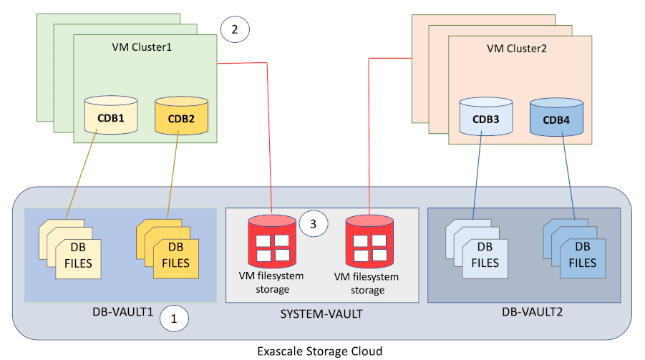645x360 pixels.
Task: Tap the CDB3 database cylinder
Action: [x=486, y=118]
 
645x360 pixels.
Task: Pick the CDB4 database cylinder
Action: [x=557, y=118]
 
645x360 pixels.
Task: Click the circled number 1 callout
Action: [x=173, y=318]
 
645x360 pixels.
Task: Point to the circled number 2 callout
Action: [x=235, y=29]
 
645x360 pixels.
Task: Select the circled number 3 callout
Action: [x=313, y=223]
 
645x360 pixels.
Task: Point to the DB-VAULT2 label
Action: [x=526, y=313]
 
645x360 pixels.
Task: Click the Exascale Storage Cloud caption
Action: [x=320, y=351]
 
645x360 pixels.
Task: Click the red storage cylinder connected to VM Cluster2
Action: [x=369, y=240]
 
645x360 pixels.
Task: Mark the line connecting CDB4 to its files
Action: [x=568, y=175]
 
